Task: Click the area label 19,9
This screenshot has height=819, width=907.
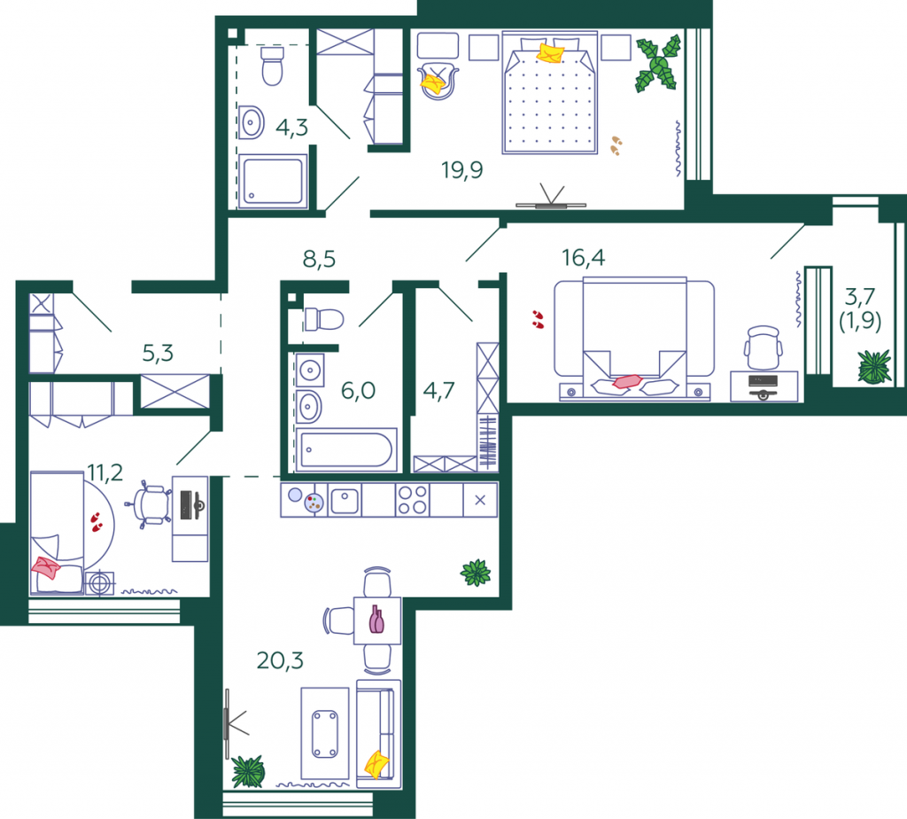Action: pos(461,170)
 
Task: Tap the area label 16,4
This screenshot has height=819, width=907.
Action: pos(583,258)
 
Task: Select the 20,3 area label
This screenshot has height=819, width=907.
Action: pos(280,660)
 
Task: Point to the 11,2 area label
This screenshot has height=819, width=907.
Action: pos(105,473)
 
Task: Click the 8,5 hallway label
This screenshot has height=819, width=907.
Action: pos(319,260)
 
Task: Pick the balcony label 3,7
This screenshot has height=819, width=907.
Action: pos(859,297)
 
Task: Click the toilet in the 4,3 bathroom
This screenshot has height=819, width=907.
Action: pos(272,66)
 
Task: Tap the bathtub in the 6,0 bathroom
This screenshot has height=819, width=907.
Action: pos(346,449)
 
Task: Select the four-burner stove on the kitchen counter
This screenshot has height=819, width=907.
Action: pos(413,500)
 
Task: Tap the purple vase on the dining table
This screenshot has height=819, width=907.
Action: pos(376,620)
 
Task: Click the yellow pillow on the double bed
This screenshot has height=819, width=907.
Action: pos(550,52)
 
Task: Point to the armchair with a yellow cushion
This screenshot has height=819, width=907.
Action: pos(438,80)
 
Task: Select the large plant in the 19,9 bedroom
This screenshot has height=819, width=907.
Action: pos(659,64)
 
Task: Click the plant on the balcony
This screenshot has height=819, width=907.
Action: pos(874,366)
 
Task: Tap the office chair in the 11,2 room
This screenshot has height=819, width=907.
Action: pos(150,504)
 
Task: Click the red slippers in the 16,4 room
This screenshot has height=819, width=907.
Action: pos(538,319)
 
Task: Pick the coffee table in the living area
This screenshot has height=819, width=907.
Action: pos(324,733)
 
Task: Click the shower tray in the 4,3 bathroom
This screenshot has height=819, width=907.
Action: pos(273,181)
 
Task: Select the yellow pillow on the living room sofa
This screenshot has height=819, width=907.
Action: pos(377,764)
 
